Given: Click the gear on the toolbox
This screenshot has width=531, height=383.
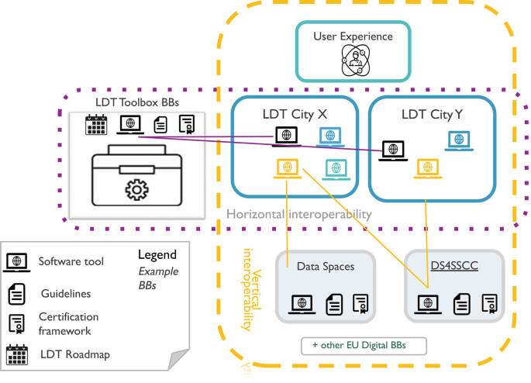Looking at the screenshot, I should coord(136,189).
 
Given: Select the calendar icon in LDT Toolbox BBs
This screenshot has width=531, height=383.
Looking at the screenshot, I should coord(96,124).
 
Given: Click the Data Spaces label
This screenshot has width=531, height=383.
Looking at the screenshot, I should coord(326,267).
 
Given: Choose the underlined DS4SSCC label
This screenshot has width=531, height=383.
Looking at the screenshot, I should coord(454,267).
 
